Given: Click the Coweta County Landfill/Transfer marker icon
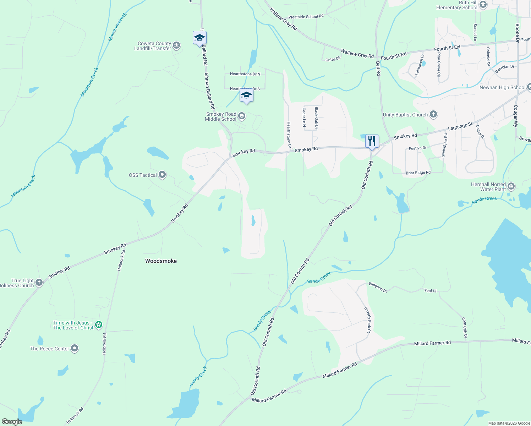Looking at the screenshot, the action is click(x=176, y=46).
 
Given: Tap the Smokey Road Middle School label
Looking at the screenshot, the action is click(x=221, y=116).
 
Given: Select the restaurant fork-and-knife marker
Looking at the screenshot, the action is click(x=372, y=141).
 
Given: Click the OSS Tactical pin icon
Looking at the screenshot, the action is click(x=162, y=175).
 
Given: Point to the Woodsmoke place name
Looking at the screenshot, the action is click(x=161, y=261).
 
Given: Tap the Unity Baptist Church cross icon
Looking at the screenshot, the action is click(x=433, y=114).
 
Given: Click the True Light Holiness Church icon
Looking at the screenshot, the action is click(x=39, y=283).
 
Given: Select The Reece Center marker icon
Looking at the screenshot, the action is click(x=75, y=349).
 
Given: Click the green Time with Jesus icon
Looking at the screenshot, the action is click(x=99, y=325).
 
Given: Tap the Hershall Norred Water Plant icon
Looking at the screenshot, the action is click(x=511, y=186).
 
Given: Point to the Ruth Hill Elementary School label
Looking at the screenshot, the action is click(x=456, y=5).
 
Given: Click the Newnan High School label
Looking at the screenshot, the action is click(x=502, y=87).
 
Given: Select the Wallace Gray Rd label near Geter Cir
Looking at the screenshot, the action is click(x=357, y=54).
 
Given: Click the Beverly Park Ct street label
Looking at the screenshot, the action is click(x=368, y=320).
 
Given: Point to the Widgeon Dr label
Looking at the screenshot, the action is click(x=377, y=287).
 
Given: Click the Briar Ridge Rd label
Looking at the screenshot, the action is click(x=418, y=173).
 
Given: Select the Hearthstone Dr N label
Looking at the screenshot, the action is click(x=245, y=74).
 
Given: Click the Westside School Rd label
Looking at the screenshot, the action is click(x=306, y=17).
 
